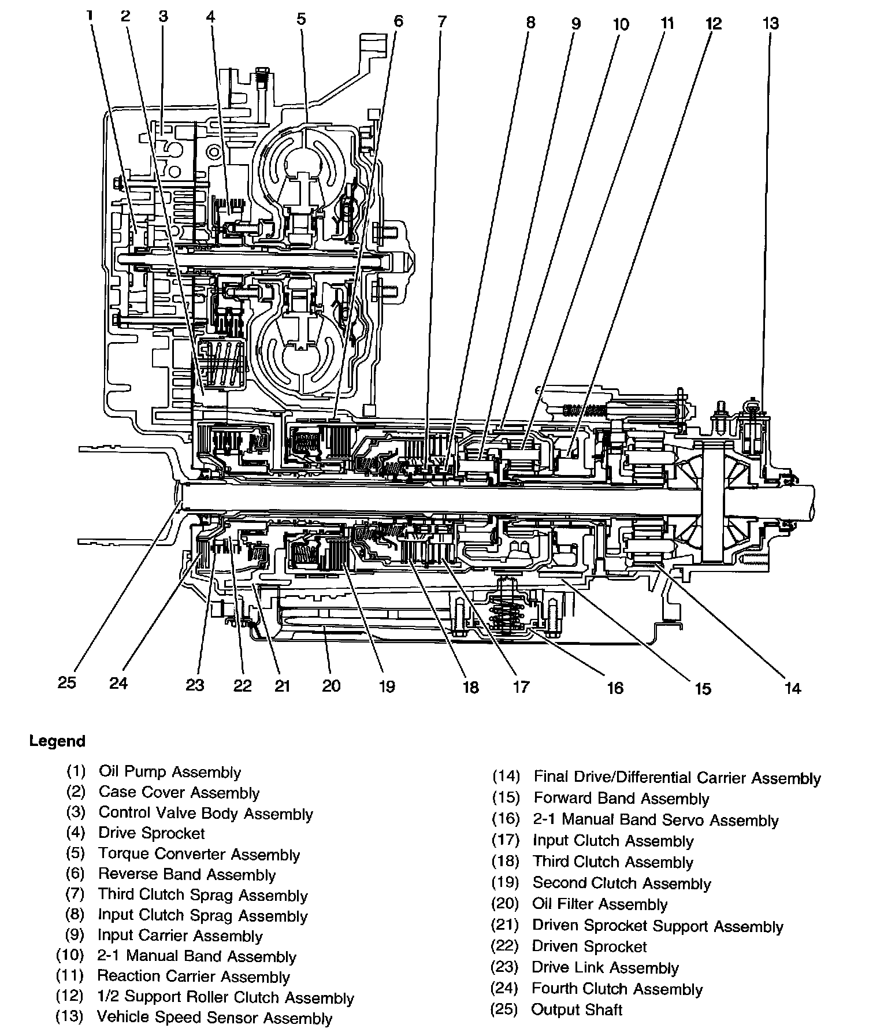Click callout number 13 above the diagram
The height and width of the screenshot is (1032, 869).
771,24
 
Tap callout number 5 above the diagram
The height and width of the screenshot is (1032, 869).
301,20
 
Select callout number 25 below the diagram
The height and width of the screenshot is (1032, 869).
67,682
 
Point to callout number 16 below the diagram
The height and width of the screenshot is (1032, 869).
615,688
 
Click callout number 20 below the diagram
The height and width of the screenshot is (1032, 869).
332,686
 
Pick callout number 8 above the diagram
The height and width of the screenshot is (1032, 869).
530,23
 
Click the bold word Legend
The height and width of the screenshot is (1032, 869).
57,741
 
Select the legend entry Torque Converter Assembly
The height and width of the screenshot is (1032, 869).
199,854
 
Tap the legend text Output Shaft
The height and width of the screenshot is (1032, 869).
577,1009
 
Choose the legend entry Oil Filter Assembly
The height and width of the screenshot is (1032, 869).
600,904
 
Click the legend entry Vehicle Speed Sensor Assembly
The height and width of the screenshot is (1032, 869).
214,1017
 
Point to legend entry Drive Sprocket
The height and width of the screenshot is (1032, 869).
151,833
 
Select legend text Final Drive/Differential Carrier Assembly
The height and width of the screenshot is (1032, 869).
677,778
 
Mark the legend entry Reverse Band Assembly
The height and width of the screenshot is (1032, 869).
187,875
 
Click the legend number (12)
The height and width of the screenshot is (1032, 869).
70,996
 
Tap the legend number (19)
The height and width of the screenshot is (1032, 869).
506,883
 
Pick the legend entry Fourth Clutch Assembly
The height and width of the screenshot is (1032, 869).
617,989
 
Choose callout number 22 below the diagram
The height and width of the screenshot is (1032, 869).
243,685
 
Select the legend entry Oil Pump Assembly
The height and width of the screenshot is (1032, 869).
170,772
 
